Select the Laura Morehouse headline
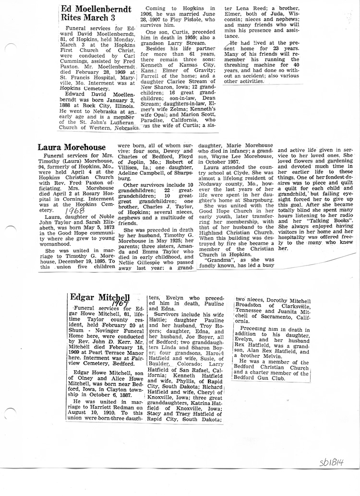coord(72,147)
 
